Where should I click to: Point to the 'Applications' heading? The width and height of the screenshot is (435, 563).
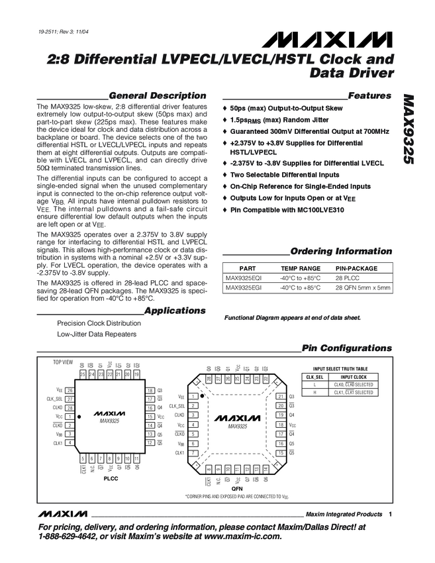pos(175,310)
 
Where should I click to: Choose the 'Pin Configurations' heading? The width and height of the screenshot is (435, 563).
pos(346,348)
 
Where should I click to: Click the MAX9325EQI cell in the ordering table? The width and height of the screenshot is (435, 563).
pos(243,278)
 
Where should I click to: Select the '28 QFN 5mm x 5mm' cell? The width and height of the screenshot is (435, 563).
pos(363,288)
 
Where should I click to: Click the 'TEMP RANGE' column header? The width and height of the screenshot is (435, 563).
pos(301,268)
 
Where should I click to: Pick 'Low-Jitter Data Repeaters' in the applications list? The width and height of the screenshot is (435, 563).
pos(97,334)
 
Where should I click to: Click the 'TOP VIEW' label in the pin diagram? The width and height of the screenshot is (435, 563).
pos(63,363)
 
